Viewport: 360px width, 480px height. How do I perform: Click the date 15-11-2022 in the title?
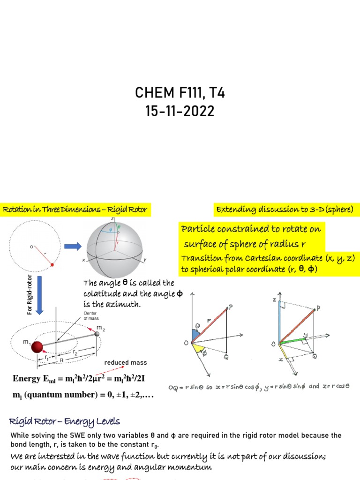pos(180,112)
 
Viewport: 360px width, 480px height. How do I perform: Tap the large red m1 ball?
pos(37,347)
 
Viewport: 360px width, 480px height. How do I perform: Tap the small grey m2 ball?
pos(97,333)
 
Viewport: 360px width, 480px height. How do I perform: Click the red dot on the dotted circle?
pos(52,265)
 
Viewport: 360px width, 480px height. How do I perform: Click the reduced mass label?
pos(125,362)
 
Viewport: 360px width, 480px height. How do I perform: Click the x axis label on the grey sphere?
pos(83,259)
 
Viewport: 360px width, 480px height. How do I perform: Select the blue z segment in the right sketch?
pos(279,319)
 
